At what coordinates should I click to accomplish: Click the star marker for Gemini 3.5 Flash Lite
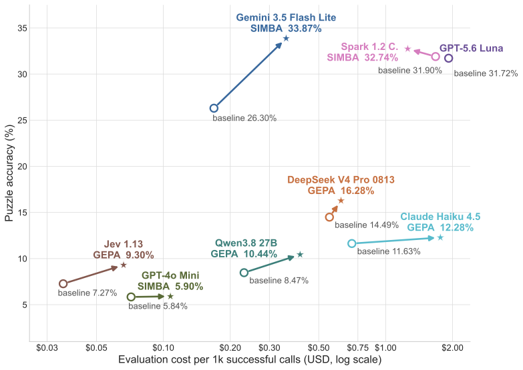click(x=286, y=38)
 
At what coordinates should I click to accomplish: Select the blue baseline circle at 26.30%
click(x=214, y=108)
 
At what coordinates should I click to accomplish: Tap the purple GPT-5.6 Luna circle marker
click(x=449, y=58)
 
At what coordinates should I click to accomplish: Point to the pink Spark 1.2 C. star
click(x=407, y=49)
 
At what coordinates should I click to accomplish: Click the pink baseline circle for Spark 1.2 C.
click(x=435, y=57)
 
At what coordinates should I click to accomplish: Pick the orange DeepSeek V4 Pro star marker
click(x=341, y=201)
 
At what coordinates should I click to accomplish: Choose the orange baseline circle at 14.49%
click(x=329, y=217)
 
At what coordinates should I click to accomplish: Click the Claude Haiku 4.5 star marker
click(x=440, y=237)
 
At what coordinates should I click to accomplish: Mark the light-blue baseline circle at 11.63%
click(x=351, y=243)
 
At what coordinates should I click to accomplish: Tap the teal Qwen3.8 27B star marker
click(x=300, y=255)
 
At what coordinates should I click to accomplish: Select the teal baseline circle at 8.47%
click(x=244, y=273)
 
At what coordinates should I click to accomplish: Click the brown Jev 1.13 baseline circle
click(x=63, y=284)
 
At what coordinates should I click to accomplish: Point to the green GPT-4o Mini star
click(x=170, y=297)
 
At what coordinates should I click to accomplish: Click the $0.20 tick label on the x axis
click(x=230, y=348)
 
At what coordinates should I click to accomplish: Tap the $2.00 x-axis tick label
click(x=452, y=348)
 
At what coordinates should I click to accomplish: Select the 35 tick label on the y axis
click(x=22, y=28)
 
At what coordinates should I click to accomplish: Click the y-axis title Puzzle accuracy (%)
click(x=9, y=173)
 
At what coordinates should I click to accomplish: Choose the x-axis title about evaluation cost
click(x=250, y=360)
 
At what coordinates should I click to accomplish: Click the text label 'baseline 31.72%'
click(x=486, y=73)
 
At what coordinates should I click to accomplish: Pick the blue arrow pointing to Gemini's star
click(x=248, y=74)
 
